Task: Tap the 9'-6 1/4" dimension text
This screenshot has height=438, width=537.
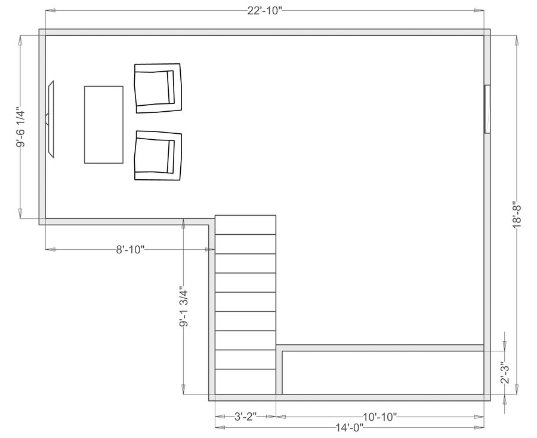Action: pyautogui.click(x=21, y=127)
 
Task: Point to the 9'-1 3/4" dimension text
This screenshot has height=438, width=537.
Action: pyautogui.click(x=184, y=308)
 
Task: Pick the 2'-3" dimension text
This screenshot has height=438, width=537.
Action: pyautogui.click(x=505, y=372)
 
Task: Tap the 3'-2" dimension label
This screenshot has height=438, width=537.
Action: pyautogui.click(x=245, y=417)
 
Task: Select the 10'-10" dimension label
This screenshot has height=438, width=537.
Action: pyautogui.click(x=380, y=417)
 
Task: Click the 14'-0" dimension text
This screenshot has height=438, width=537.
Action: pyautogui.click(x=349, y=427)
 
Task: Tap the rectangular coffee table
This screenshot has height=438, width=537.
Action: pyautogui.click(x=103, y=124)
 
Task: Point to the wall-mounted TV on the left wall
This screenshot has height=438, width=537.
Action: pyautogui.click(x=51, y=119)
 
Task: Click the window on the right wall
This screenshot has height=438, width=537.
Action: pyautogui.click(x=487, y=109)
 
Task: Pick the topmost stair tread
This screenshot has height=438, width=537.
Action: pyautogui.click(x=245, y=225)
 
